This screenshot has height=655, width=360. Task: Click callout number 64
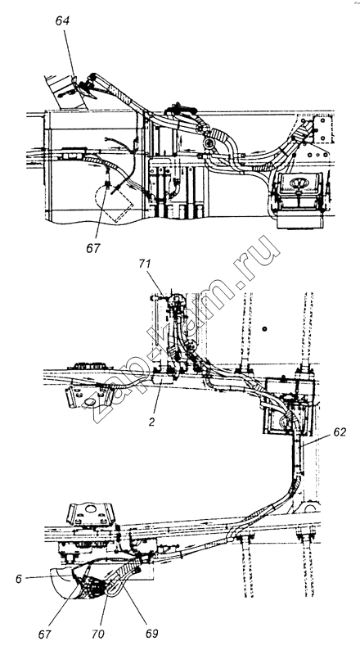(x=62, y=21)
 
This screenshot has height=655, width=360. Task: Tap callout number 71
(x=146, y=264)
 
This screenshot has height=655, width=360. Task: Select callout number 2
(x=151, y=422)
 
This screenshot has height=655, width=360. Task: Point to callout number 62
(x=340, y=432)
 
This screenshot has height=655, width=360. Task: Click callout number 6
(x=19, y=580)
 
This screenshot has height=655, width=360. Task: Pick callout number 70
(x=99, y=634)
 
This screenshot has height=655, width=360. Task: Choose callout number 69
(x=152, y=633)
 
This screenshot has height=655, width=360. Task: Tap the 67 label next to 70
(x=45, y=634)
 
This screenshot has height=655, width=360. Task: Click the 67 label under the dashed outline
(x=93, y=248)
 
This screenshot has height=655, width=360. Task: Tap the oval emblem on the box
(x=297, y=183)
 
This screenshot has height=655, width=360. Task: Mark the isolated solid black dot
(x=264, y=329)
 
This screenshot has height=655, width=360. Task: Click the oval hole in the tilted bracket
(x=89, y=402)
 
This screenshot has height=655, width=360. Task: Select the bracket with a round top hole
(x=91, y=514)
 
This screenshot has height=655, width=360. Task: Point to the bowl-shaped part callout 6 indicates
(x=63, y=583)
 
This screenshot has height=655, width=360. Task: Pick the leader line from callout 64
(x=70, y=54)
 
